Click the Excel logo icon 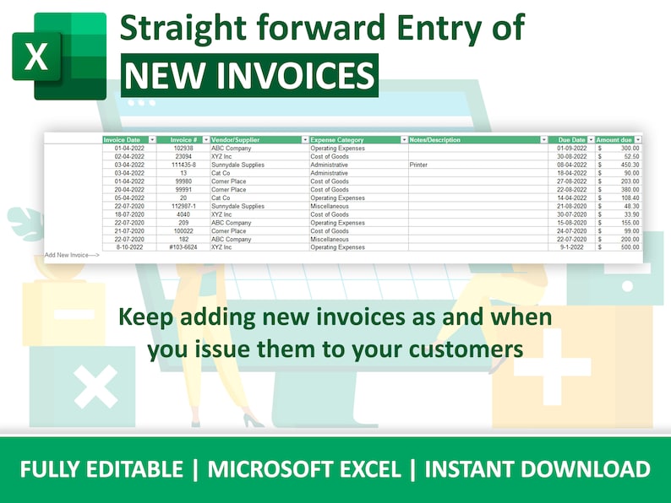click(x=58, y=57)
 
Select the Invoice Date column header click(x=123, y=139)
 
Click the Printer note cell click(x=418, y=165)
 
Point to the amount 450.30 click(x=625, y=165)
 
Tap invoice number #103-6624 click(x=183, y=247)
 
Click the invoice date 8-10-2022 click(x=130, y=247)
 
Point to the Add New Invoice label click(x=71, y=254)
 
